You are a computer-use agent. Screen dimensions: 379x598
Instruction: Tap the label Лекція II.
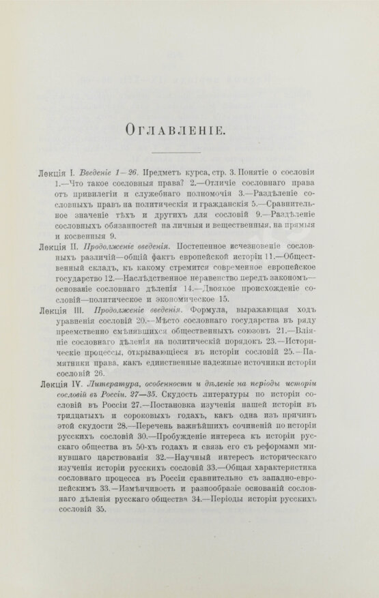(x=59, y=243)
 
